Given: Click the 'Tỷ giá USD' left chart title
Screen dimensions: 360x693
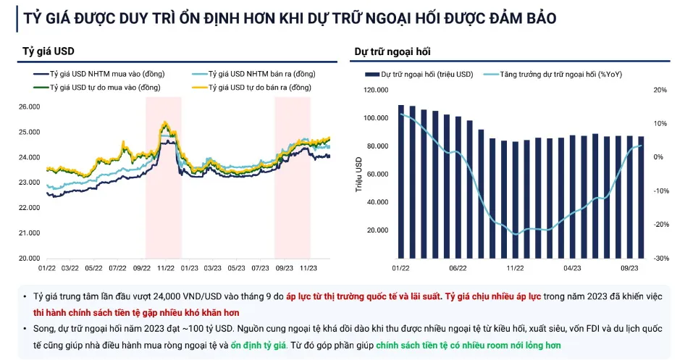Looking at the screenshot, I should click(x=49, y=51).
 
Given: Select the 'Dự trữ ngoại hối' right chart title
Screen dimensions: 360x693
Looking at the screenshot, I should click(x=393, y=51).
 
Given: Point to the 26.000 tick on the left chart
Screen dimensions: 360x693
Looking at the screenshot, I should click(x=28, y=106).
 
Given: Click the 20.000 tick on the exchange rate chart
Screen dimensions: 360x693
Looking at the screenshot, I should click(x=28, y=258).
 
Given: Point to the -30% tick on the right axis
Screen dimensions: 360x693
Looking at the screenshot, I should click(x=660, y=258).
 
